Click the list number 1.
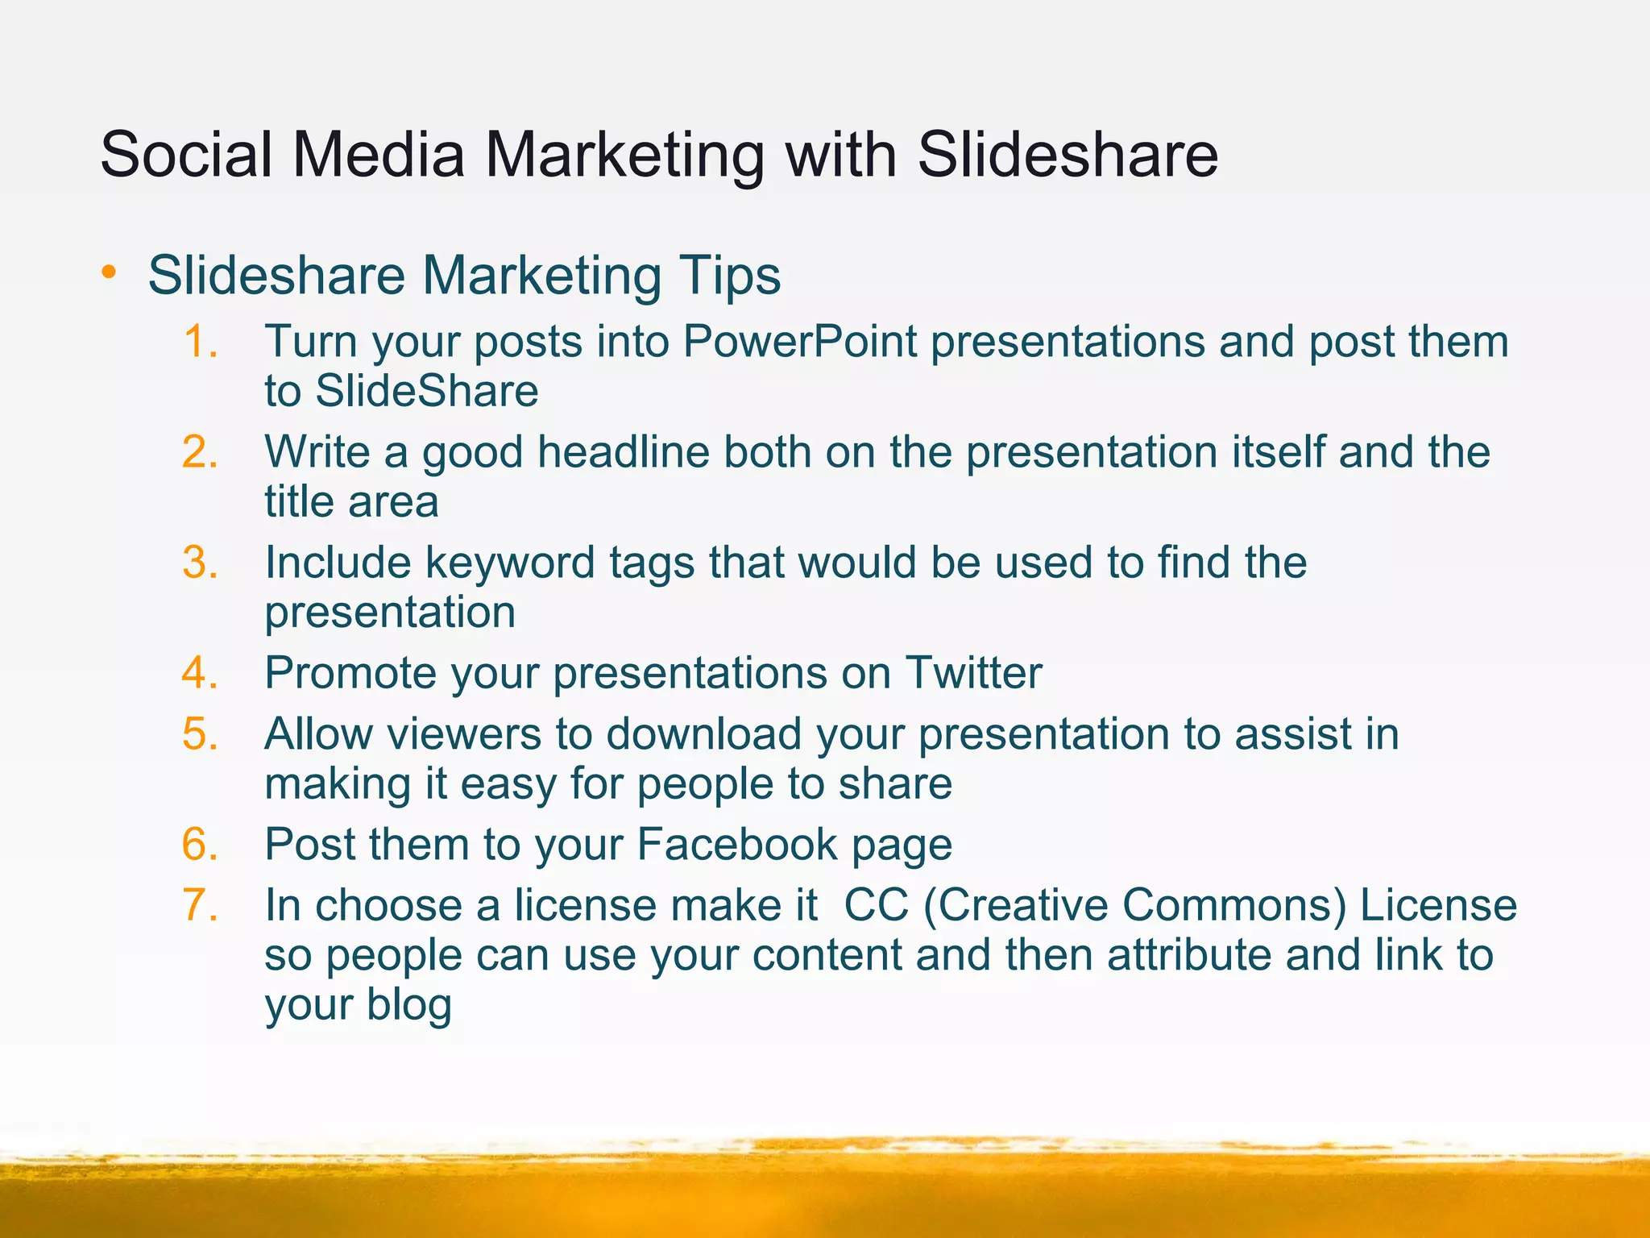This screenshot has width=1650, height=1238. click(199, 341)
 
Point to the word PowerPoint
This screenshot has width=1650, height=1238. click(799, 341)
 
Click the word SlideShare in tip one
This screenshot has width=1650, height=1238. click(426, 391)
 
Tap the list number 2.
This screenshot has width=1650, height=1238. click(200, 451)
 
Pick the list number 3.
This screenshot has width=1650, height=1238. click(200, 562)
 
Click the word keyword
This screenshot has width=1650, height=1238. click(511, 563)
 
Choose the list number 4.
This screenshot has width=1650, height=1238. click(200, 672)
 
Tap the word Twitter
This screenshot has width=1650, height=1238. click(973, 672)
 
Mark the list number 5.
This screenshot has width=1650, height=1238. click(200, 733)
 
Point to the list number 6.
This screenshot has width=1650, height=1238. click(200, 844)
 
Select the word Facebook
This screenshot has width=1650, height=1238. click(737, 844)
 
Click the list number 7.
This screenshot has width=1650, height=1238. click(200, 904)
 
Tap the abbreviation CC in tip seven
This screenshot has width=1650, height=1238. click(876, 904)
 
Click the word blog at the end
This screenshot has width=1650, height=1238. click(409, 1004)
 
